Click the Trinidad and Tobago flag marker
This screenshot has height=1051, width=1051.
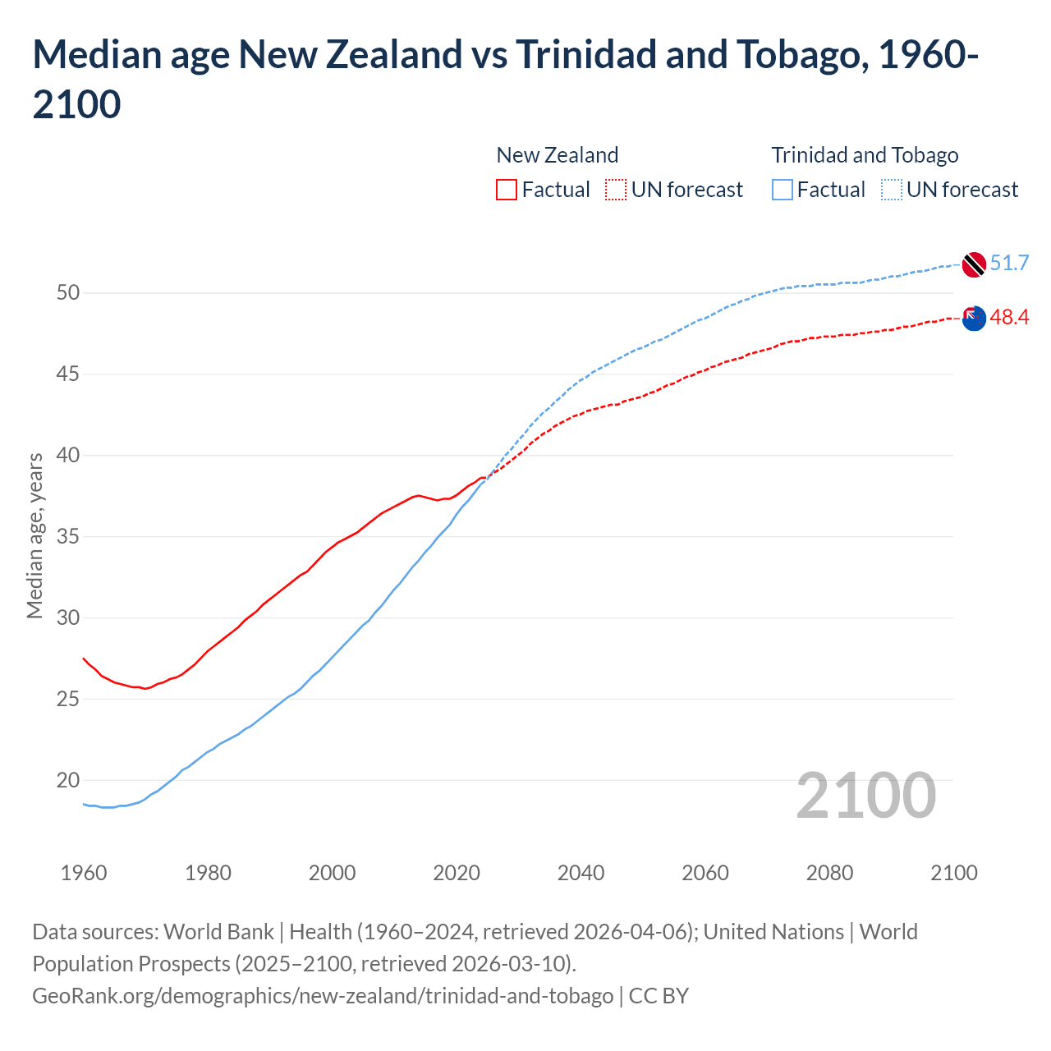(x=974, y=264)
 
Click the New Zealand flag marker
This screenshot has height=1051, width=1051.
(x=974, y=319)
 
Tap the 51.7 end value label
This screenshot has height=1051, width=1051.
(x=1009, y=263)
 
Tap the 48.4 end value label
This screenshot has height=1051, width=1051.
(x=1009, y=317)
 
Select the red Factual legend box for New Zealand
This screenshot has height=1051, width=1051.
(x=507, y=190)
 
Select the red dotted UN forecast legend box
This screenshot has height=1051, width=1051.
(x=616, y=190)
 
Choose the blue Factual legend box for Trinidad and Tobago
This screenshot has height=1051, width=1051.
(x=783, y=190)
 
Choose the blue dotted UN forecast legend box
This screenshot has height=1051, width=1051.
(x=892, y=190)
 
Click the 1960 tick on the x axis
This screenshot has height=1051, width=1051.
(x=84, y=873)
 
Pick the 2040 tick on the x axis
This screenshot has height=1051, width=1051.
(x=581, y=873)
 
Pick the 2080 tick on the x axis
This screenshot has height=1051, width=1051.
(x=829, y=873)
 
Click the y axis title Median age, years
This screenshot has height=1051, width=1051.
(x=34, y=535)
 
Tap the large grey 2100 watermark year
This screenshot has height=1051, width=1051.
(x=865, y=796)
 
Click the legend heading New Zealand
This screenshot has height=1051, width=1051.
(x=557, y=155)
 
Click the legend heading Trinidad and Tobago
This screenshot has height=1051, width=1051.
(x=865, y=155)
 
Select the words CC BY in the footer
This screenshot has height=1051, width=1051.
(x=659, y=996)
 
